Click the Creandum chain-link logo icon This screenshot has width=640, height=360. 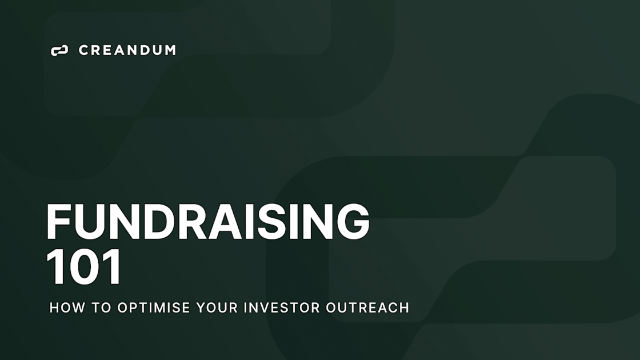pyautogui.click(x=59, y=50)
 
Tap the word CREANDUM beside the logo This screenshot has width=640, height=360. pyautogui.click(x=127, y=50)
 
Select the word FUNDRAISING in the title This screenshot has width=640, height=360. pyautogui.click(x=207, y=222)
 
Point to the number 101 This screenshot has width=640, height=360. pyautogui.click(x=84, y=267)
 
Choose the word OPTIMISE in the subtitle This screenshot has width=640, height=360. pyautogui.click(x=154, y=307)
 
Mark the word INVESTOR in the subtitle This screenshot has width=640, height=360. pyautogui.click(x=282, y=307)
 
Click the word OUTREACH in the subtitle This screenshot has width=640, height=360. pyautogui.click(x=367, y=307)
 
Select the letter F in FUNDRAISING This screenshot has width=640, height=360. pyautogui.click(x=58, y=222)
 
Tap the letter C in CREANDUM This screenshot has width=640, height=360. pyautogui.click(x=83, y=50)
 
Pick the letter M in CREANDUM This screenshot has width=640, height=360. pyautogui.click(x=169, y=50)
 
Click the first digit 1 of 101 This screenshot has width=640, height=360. pyautogui.click(x=55, y=267)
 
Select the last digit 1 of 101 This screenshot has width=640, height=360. pyautogui.click(x=113, y=267)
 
